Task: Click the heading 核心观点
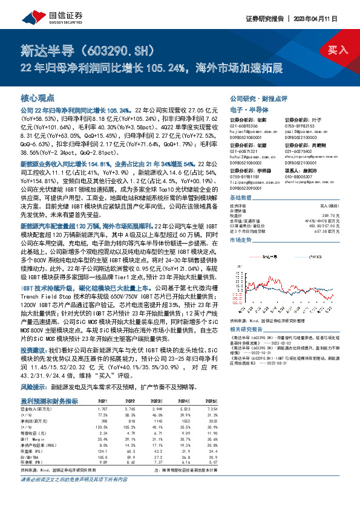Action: (x=38, y=97)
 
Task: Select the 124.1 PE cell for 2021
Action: (x=103, y=452)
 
